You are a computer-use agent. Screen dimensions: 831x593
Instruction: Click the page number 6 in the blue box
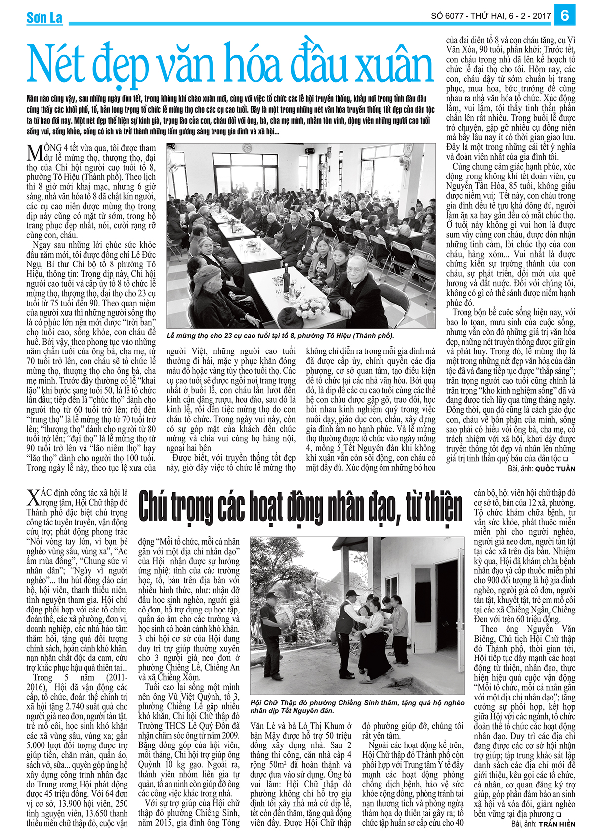[565, 15]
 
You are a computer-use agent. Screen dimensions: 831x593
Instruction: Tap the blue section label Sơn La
[44, 18]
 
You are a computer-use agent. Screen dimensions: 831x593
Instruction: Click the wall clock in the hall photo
[246, 148]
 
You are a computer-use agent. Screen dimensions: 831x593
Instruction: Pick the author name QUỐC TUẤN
[555, 468]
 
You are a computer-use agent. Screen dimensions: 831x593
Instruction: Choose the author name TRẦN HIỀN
[557, 824]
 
